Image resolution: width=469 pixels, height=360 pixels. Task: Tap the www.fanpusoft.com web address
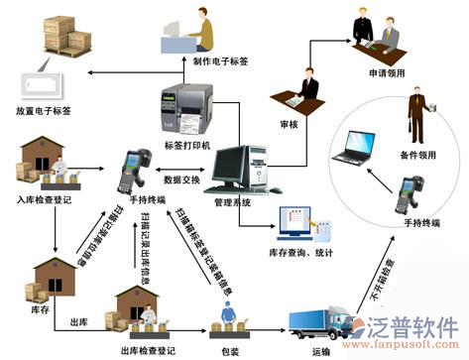coord(409,349)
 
